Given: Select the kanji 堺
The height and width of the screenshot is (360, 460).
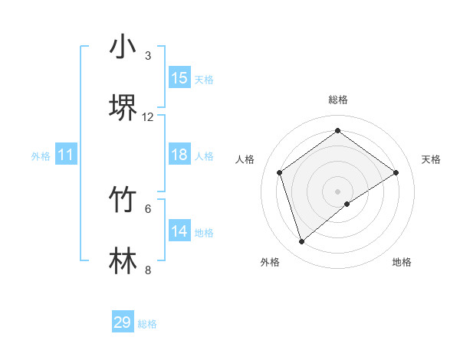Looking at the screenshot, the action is tap(123, 107).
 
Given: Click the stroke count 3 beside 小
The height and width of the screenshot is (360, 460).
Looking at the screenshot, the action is tap(148, 56).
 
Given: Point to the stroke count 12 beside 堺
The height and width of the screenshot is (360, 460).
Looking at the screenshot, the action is tap(148, 117).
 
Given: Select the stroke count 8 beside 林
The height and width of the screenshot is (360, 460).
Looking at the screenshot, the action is tap(148, 270).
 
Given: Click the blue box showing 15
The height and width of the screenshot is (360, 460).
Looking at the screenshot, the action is tap(179, 78).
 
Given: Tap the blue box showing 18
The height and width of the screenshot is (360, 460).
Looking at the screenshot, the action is tap(179, 155).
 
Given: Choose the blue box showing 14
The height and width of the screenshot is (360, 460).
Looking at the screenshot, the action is tap(179, 231).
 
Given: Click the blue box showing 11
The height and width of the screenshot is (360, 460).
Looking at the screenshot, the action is tap(66, 155).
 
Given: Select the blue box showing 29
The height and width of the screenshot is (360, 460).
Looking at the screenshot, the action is tap(123, 322).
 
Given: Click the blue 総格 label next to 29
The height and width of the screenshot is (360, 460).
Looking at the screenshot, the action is tap(148, 324).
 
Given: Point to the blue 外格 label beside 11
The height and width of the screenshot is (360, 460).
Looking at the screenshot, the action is tap(41, 156).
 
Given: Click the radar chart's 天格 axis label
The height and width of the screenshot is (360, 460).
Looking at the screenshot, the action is tap(432, 159).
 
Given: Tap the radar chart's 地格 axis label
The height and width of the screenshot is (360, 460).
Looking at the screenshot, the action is tap(402, 262).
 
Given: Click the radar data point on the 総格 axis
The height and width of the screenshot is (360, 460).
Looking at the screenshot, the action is tap(337, 131).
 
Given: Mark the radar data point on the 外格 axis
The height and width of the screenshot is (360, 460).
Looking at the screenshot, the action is tap(302, 242).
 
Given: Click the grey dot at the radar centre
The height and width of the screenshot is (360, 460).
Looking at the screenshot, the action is tap(337, 191).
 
